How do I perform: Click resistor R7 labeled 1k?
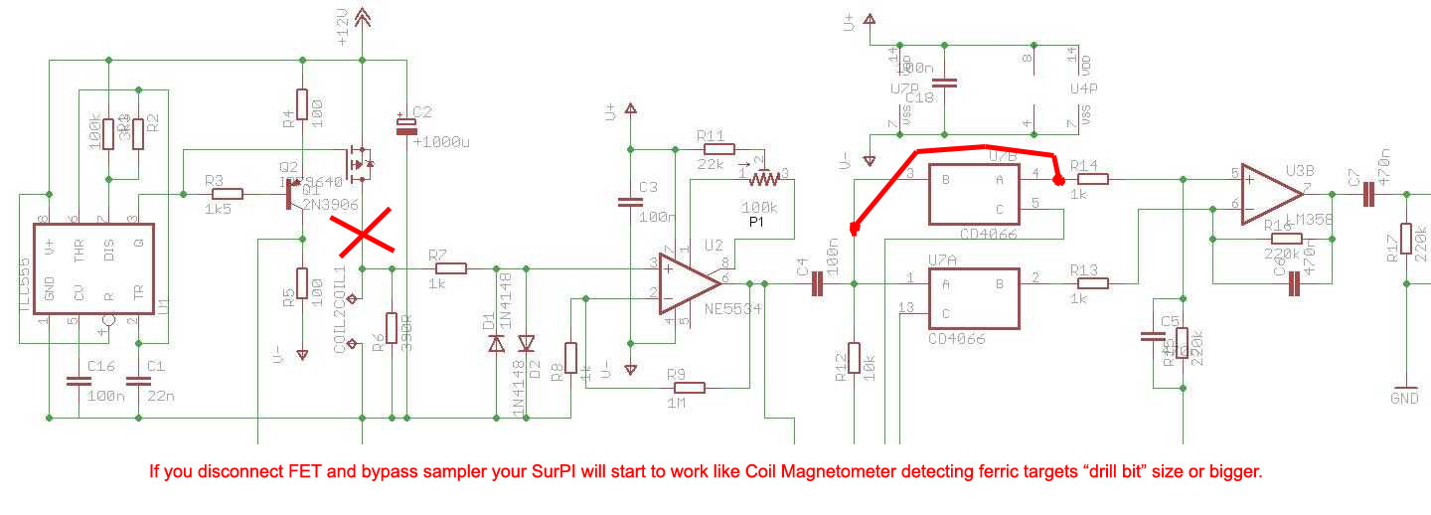pyautogui.click(x=451, y=267)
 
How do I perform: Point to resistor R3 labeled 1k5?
pyautogui.click(x=228, y=194)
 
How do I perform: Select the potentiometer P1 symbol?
pyautogui.click(x=765, y=180)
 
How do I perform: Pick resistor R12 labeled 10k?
pyautogui.click(x=854, y=362)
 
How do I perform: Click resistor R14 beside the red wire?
pyautogui.click(x=1093, y=179)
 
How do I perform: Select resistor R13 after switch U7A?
pyautogui.click(x=1093, y=283)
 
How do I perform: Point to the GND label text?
pyautogui.click(x=1405, y=400)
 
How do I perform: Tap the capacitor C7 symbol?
pyautogui.click(x=1368, y=195)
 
